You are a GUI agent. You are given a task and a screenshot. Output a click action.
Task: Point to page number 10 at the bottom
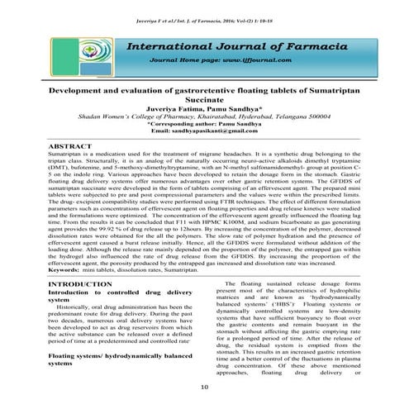click(x=204, y=388)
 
